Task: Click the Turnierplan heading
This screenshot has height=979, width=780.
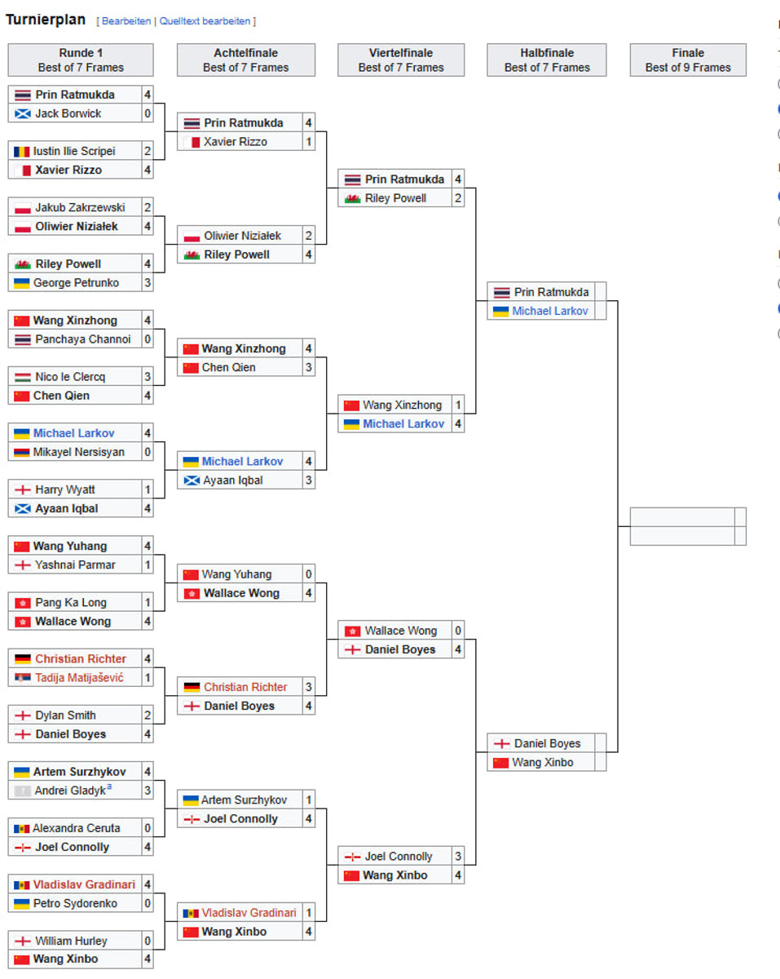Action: (46, 20)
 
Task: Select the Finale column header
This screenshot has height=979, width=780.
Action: (688, 60)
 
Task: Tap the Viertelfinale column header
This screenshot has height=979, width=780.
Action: (401, 60)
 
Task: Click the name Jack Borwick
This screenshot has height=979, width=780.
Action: (68, 113)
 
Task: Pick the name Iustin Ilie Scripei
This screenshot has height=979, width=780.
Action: (74, 151)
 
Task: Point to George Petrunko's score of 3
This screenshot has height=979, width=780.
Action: (148, 283)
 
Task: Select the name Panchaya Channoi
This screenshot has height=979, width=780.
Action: (82, 339)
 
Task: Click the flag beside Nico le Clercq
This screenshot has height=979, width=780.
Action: (22, 378)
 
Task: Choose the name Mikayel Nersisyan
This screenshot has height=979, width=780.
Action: (79, 452)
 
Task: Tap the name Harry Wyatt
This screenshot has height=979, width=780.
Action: (65, 489)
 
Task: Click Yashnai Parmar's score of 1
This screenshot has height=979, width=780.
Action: (148, 565)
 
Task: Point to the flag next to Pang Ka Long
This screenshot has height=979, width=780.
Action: (22, 603)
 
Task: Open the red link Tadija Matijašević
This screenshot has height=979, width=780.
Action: (79, 677)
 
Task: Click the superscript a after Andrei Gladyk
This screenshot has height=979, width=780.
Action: (109, 787)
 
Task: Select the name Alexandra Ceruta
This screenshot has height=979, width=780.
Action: (77, 828)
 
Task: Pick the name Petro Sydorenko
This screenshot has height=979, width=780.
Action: (76, 903)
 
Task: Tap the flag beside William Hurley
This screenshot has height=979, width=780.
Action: (22, 941)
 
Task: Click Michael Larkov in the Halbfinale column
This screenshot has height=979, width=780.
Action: (550, 311)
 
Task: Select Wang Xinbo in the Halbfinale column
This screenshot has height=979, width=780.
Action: (543, 763)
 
